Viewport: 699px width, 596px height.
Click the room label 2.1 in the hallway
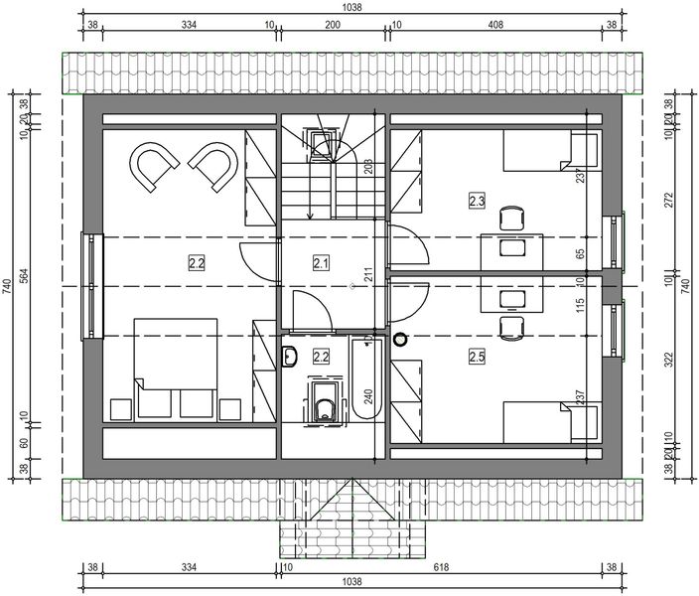pyautogui.click(x=320, y=263)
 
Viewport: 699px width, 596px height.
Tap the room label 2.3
pyautogui.click(x=477, y=202)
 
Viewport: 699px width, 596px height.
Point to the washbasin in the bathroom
pyautogui.click(x=291, y=357)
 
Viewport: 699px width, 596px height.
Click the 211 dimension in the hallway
pyautogui.click(x=368, y=275)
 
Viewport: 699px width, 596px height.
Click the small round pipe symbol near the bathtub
pyautogui.click(x=401, y=339)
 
